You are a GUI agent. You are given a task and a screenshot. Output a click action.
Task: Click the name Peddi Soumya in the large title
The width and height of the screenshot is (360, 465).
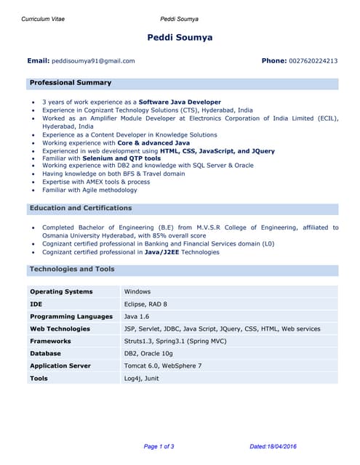[180, 38]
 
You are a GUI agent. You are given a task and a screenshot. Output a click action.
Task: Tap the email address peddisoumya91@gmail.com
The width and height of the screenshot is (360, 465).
[93, 61]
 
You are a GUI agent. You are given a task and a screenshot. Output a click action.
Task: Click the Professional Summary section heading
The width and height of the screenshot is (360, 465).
[71, 83]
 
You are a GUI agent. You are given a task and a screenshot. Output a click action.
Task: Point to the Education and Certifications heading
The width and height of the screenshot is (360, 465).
[81, 209]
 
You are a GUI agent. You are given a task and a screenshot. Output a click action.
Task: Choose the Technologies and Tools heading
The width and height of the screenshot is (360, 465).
[72, 270]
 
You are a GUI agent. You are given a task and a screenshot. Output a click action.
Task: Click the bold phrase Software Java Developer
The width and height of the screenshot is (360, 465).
[180, 102]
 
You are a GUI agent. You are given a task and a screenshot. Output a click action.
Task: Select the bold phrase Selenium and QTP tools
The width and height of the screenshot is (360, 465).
[121, 158]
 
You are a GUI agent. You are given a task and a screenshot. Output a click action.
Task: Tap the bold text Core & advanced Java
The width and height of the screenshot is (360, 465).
[153, 143]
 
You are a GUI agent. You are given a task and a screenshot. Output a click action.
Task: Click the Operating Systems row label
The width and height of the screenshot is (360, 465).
[61, 292]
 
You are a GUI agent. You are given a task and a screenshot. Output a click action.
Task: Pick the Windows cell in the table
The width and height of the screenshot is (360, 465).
[137, 292]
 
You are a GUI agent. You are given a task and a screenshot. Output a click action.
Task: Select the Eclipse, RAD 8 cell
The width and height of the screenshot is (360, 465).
[145, 304]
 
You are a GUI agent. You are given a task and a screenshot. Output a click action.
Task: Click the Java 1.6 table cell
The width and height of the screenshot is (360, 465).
[137, 317]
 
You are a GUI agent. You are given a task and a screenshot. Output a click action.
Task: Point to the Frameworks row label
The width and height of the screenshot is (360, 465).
[50, 341]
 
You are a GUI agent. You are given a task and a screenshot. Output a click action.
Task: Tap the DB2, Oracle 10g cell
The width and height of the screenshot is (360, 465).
[148, 354]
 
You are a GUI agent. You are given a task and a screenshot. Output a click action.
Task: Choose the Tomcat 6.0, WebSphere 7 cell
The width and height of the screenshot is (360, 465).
[163, 366]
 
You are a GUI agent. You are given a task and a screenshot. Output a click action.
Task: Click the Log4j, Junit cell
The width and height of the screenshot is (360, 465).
[141, 379]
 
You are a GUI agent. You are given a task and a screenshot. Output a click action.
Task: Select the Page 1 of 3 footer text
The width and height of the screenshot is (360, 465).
[159, 446]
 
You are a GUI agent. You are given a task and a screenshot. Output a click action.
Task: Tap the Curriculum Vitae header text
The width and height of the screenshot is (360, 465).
[43, 19]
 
